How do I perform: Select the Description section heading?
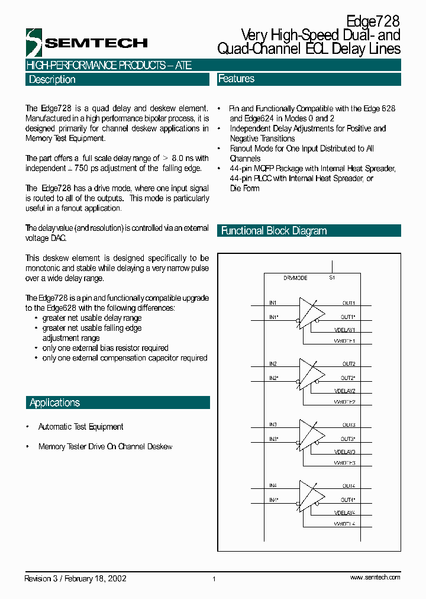point(52,79)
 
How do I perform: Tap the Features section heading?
point(237,79)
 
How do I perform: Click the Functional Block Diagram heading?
point(274,231)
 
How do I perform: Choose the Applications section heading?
point(54,402)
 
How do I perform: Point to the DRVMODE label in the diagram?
point(295,278)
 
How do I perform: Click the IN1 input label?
point(273,303)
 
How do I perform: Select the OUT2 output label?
point(348,364)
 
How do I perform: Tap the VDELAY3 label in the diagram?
point(344,452)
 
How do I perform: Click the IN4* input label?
point(274,500)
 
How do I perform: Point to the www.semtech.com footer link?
point(375,577)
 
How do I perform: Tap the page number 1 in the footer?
point(214,579)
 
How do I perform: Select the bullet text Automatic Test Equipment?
point(80,427)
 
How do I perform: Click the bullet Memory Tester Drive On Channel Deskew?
point(105,447)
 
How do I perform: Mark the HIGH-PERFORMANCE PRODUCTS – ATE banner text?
point(109,65)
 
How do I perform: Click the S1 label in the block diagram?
point(332,278)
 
